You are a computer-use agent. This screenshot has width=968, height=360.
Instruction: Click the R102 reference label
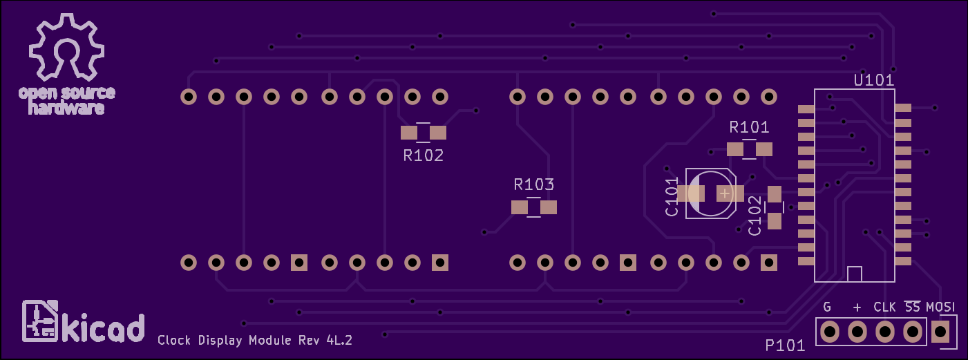click(424, 155)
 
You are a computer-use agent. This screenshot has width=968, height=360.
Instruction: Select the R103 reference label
click(534, 184)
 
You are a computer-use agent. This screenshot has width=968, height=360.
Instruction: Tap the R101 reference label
click(749, 127)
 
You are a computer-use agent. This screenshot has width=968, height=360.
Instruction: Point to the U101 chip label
click(874, 80)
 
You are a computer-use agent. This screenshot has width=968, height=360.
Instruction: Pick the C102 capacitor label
click(755, 216)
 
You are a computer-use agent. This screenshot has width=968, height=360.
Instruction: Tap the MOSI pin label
click(941, 307)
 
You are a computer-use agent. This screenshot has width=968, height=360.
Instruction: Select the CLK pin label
click(884, 307)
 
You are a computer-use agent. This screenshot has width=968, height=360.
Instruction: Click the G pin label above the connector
click(827, 307)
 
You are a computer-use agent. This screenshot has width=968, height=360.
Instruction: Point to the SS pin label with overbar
click(913, 306)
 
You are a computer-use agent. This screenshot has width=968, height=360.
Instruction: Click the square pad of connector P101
click(940, 332)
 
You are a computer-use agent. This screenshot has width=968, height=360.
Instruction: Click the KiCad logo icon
click(39, 322)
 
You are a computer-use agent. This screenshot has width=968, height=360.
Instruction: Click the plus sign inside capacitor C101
click(724, 193)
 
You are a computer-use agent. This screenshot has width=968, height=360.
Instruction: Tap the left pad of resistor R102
click(409, 133)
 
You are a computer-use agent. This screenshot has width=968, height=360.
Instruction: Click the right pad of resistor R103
click(548, 207)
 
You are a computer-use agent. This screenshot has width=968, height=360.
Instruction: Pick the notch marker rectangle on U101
click(855, 274)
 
